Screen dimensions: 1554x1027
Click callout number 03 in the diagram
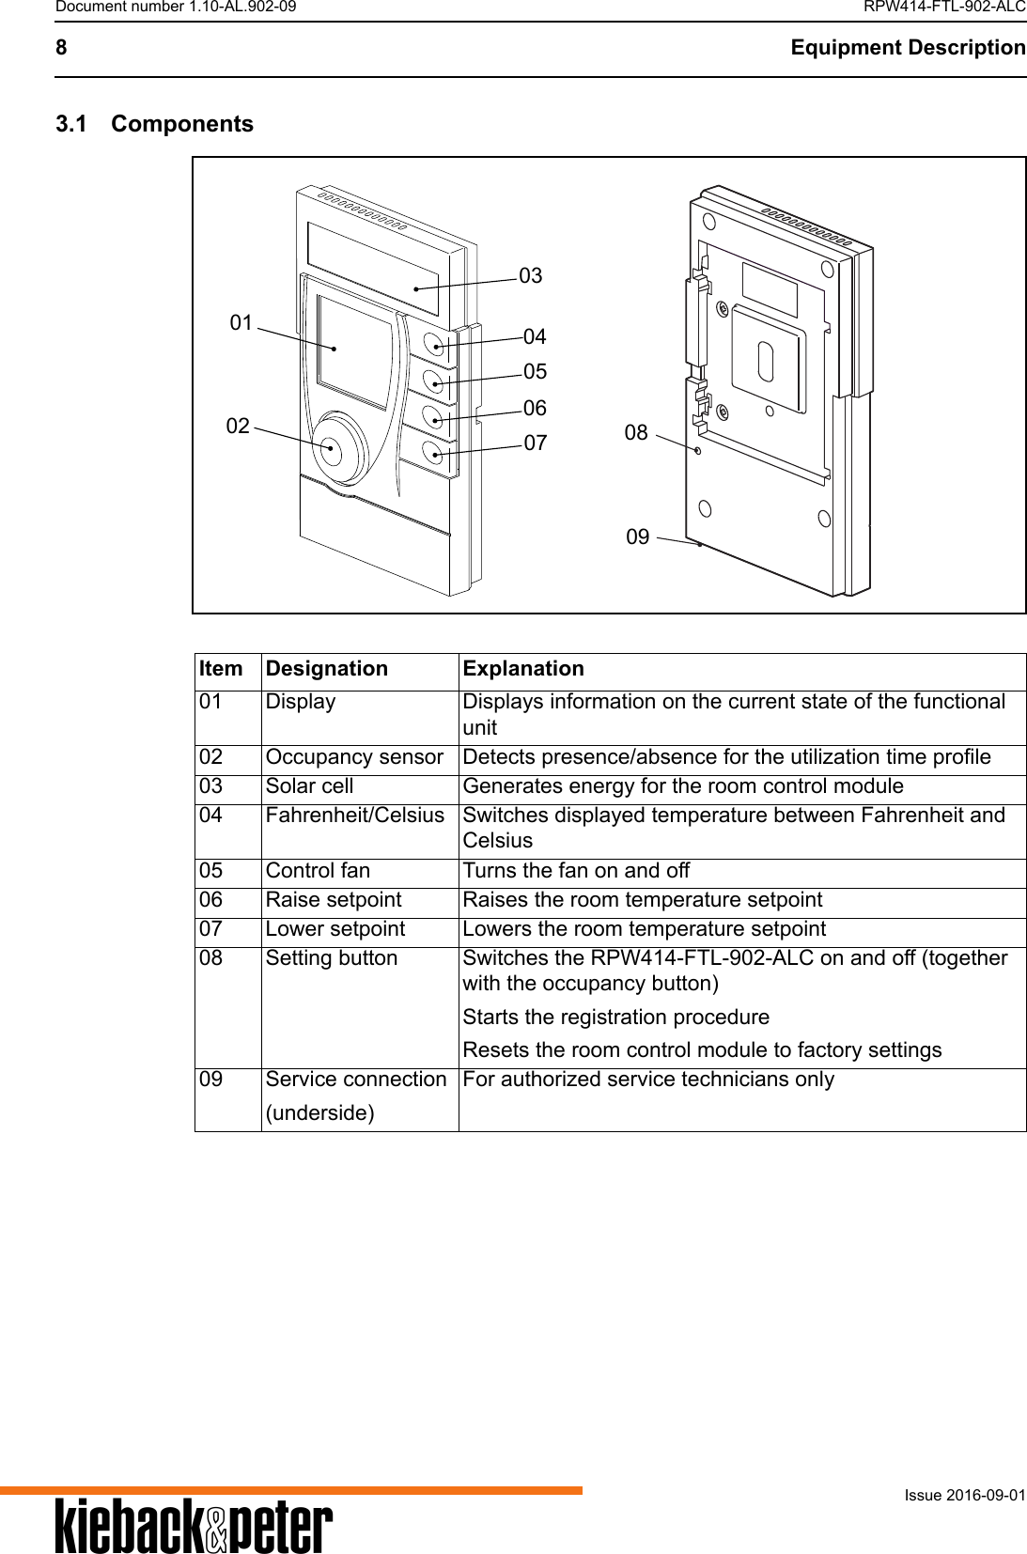click(531, 275)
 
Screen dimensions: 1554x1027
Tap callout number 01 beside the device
click(241, 322)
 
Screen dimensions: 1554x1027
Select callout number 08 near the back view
click(636, 432)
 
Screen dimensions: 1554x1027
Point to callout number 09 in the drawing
click(637, 536)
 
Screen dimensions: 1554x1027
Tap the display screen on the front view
click(354, 352)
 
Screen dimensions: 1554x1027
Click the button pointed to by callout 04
click(435, 345)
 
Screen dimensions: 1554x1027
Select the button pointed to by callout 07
click(433, 453)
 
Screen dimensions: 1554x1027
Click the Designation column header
click(327, 669)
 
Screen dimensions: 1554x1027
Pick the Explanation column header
click(523, 669)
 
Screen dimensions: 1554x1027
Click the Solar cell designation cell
click(310, 786)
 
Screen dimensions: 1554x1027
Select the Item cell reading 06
click(211, 900)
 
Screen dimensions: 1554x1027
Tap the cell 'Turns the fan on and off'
click(576, 871)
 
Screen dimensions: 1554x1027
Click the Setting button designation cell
click(332, 958)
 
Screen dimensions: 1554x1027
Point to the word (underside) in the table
click(319, 1112)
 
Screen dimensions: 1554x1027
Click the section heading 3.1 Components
click(155, 124)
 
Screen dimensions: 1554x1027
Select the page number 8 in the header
click(61, 48)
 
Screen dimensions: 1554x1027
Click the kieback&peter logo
click(194, 1526)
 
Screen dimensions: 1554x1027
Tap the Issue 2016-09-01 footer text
click(965, 1495)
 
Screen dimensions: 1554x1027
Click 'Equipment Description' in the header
click(908, 48)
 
